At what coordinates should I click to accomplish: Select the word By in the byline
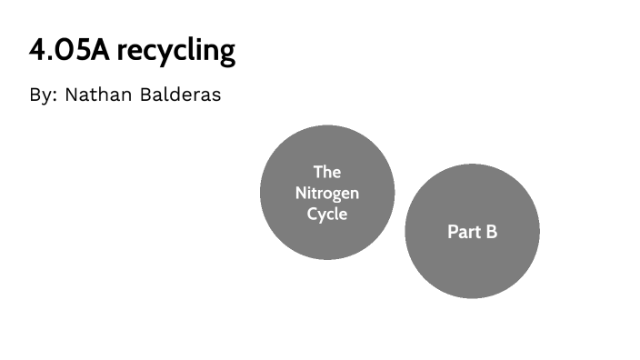pos(42,95)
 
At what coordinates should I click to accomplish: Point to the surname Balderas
pos(181,95)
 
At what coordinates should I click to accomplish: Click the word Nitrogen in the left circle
pos(327,193)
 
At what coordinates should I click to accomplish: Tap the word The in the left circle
pos(327,172)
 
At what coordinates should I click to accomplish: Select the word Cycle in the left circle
pos(327,215)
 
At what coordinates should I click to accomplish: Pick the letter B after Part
pos(492,232)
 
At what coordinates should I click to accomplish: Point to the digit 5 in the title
pos(87,50)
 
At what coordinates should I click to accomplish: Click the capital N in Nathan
pos(72,95)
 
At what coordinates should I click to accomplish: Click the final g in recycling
pos(225,54)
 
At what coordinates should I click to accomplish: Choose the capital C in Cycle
pos(312,215)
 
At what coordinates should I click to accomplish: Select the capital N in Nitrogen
pos(301,193)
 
